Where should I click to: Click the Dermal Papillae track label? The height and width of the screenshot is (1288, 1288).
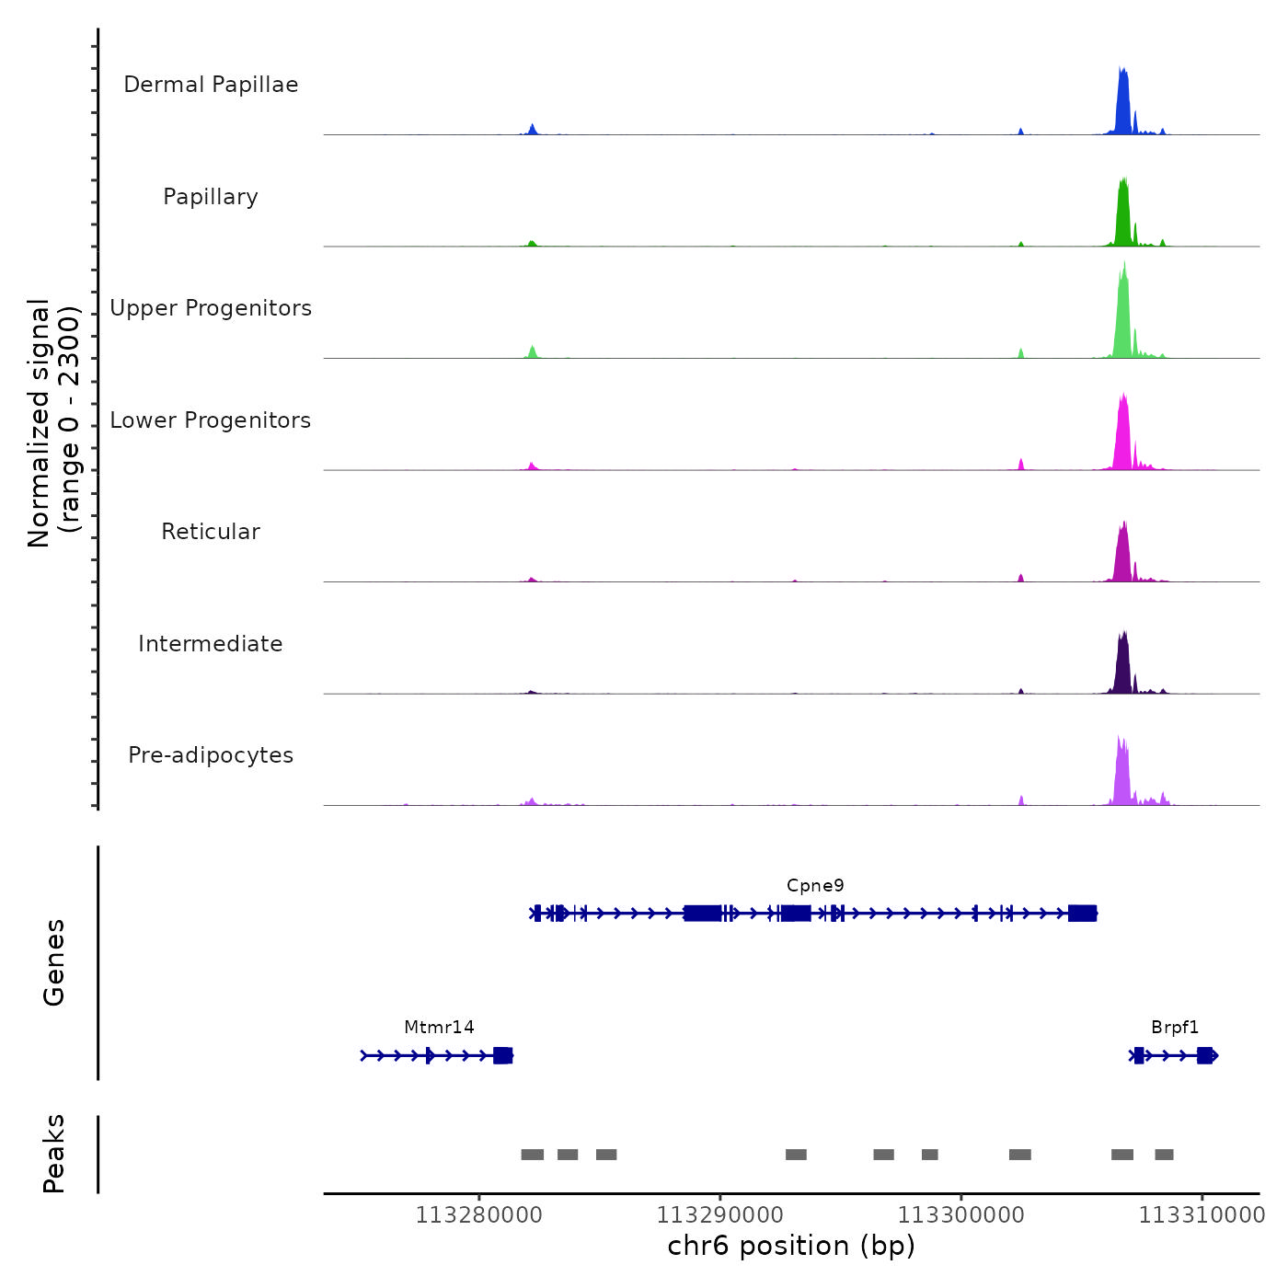(x=211, y=85)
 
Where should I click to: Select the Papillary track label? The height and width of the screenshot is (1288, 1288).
(x=211, y=197)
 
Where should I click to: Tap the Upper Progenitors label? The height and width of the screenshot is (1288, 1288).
(x=211, y=308)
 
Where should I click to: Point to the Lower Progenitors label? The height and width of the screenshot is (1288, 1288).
(x=211, y=420)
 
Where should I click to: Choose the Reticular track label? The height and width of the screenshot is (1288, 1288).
(x=211, y=532)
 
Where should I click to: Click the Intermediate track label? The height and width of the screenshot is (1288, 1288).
(x=211, y=644)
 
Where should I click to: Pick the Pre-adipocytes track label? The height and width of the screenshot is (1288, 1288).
(x=211, y=755)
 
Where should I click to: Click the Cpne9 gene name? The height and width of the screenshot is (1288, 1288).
(x=815, y=886)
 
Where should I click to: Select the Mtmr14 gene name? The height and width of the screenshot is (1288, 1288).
(x=439, y=1028)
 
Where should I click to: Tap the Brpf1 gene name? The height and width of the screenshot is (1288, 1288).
(x=1175, y=1028)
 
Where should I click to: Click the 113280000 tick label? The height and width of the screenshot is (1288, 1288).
(x=478, y=1215)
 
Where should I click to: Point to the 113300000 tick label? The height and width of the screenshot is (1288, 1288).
(x=960, y=1215)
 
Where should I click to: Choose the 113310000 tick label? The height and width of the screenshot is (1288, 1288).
(x=1202, y=1215)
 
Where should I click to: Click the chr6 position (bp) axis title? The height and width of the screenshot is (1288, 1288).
(x=791, y=1246)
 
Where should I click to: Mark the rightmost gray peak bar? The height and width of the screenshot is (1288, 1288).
(x=1164, y=1155)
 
